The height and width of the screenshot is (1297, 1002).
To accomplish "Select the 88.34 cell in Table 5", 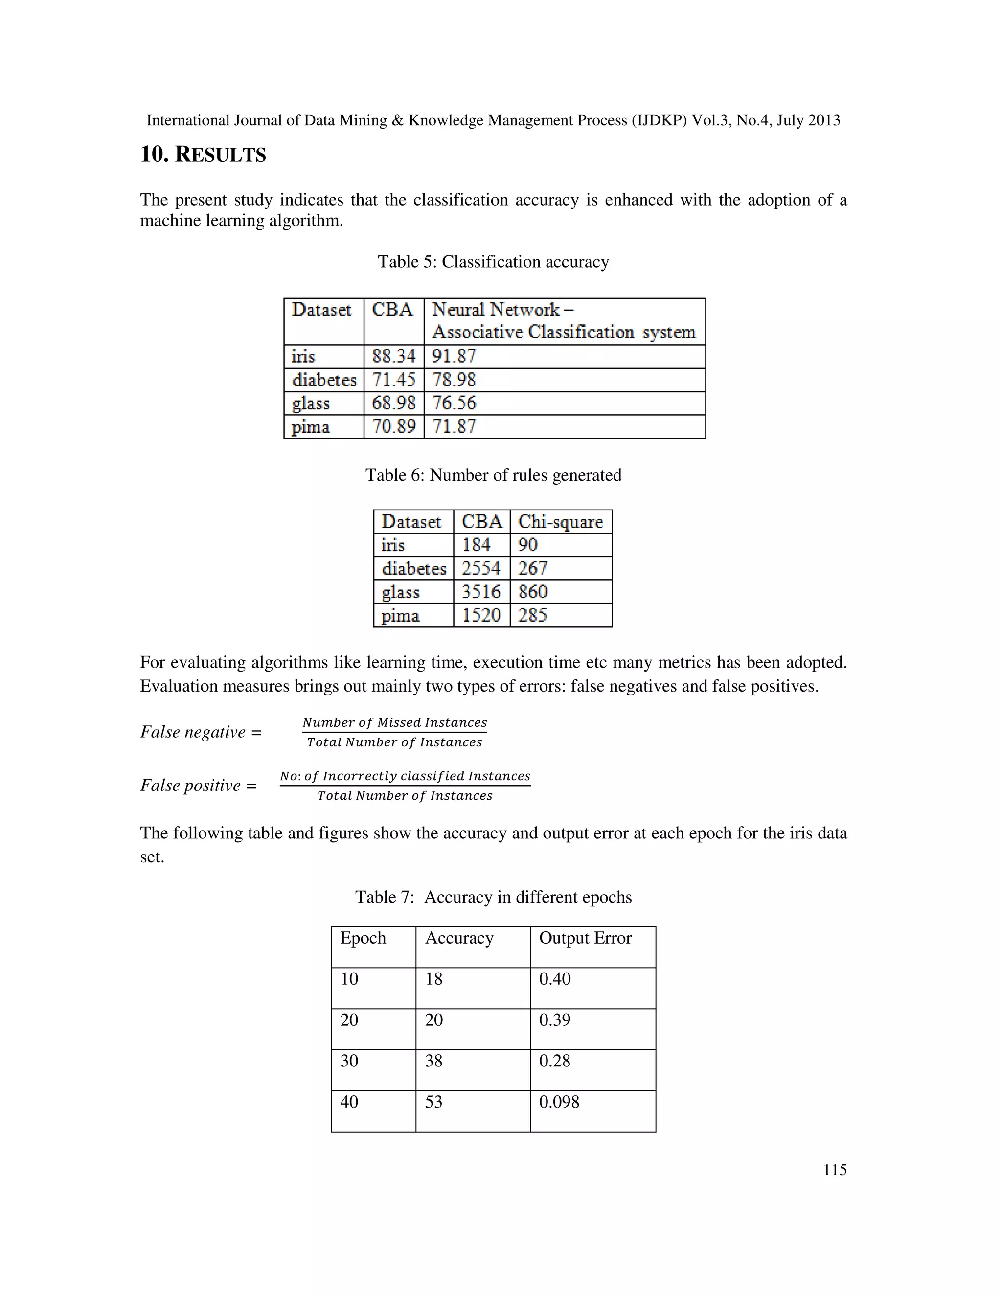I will coord(393,356).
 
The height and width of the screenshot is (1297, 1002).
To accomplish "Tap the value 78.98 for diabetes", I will coord(454,379).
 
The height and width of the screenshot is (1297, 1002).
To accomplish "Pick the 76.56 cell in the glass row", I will coord(454,403).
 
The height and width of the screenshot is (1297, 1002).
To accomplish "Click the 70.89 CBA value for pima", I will coord(393,426).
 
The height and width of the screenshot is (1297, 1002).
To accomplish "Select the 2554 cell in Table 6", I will coord(481,568).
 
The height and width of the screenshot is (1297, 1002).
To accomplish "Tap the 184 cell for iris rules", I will coord(476,545).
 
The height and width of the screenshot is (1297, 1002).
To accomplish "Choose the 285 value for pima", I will coord(532,615).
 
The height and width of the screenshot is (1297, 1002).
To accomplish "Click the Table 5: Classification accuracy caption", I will coord(493,262).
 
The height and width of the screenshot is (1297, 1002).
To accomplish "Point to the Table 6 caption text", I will coord(493,475).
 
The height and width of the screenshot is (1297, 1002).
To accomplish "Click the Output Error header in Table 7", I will coord(585,938).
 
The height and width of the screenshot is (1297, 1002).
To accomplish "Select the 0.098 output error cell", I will coord(559,1102).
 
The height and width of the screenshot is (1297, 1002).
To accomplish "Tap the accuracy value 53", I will coord(433,1102).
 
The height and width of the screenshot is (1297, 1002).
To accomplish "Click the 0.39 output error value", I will coord(554,1020).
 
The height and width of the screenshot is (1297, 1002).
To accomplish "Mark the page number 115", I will coord(835,1170).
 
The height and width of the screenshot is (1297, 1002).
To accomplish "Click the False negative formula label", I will coord(201,732).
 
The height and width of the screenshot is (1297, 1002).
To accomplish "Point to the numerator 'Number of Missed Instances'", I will coord(394,723).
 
